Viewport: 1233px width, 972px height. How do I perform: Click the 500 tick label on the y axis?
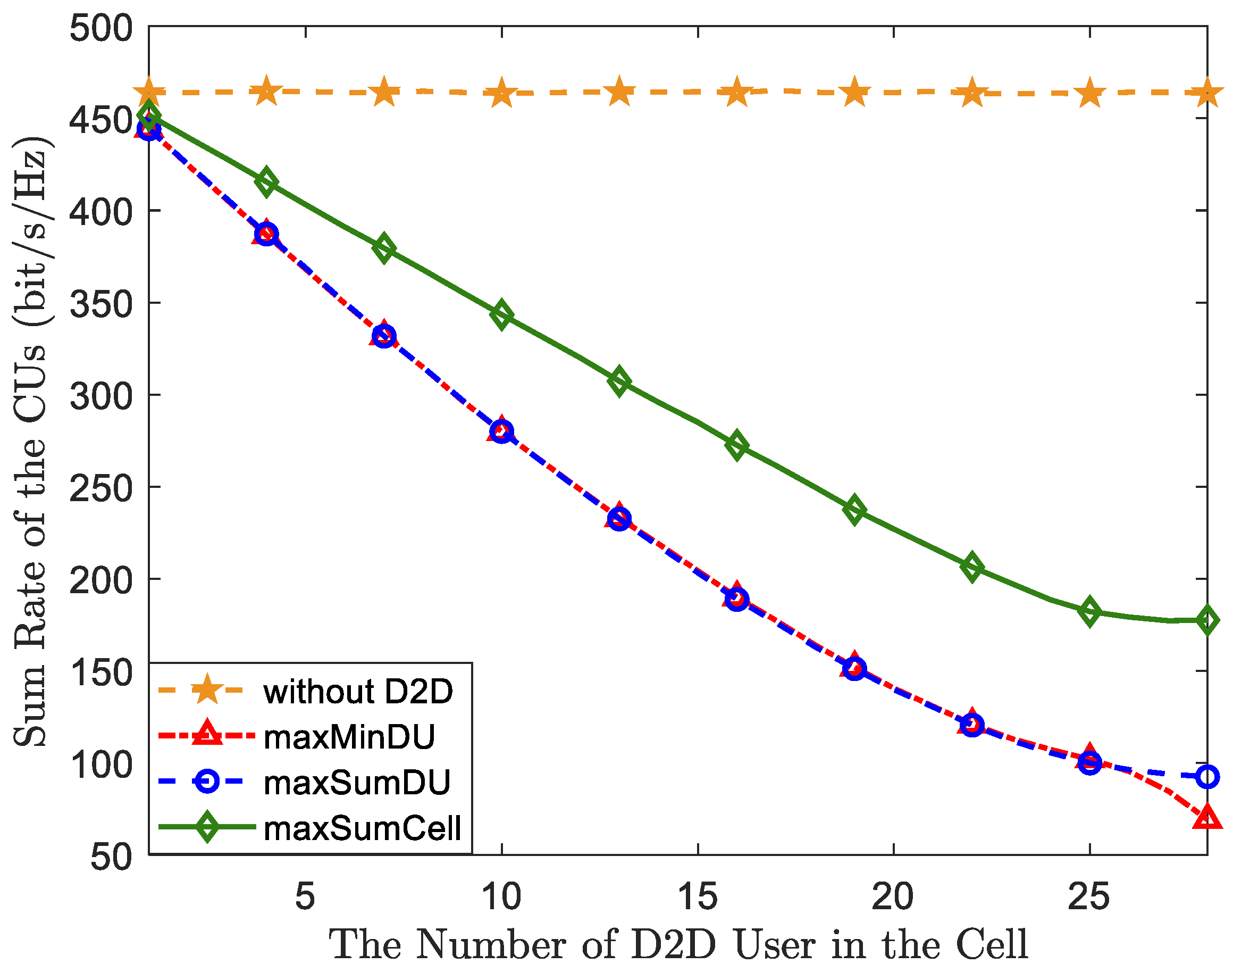pos(100,28)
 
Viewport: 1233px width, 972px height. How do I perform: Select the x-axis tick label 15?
pos(697,898)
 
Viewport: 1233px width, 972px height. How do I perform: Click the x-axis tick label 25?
pos(1089,898)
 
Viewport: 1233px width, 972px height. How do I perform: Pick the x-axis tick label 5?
pos(305,898)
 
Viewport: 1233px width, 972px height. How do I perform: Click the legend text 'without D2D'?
pos(358,692)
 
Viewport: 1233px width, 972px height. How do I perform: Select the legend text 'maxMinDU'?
pos(350,737)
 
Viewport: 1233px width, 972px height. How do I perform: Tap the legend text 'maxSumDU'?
pos(357,783)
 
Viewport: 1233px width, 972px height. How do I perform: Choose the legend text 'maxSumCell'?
pos(362,828)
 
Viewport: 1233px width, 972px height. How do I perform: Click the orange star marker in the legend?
pos(207,689)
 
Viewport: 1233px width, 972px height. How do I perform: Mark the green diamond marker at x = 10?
pos(501,315)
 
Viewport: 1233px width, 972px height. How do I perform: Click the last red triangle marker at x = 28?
pos(1207,818)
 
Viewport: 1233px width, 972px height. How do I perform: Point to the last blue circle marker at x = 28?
pos(1207,776)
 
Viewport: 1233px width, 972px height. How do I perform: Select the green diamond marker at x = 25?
pos(1089,612)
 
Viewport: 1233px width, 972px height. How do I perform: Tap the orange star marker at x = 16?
pos(736,92)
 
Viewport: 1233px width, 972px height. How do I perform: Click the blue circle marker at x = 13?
pos(619,519)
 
